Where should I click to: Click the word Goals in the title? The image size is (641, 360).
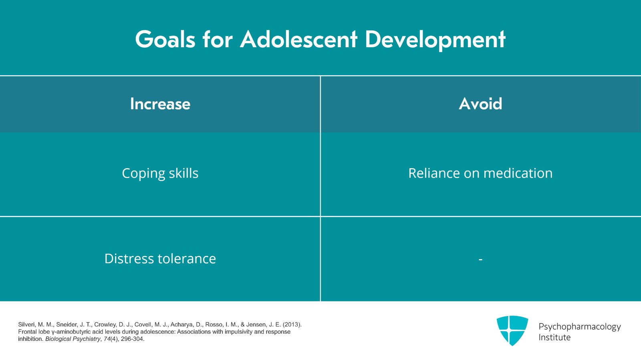click(165, 39)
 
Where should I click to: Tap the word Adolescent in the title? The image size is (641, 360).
click(299, 39)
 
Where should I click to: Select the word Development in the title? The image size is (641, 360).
click(435, 40)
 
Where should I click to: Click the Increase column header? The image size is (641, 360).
click(160, 104)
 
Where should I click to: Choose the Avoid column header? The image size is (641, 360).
click(480, 103)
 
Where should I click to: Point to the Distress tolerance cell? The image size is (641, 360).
click(160, 259)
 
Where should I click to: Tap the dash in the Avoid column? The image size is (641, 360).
click(480, 259)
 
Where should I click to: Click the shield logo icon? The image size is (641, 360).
click(512, 330)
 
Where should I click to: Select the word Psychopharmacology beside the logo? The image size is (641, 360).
click(580, 327)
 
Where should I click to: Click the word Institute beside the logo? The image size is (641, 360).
click(554, 338)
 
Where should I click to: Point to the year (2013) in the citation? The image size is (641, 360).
click(292, 324)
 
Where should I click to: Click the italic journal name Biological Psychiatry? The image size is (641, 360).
click(73, 339)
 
